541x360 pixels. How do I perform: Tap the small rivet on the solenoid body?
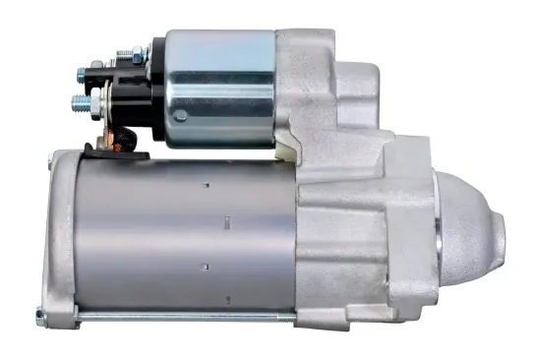pyautogui.click(x=180, y=116)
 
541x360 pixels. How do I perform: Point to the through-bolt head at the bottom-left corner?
pyautogui.click(x=40, y=317)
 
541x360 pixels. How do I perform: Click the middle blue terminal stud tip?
pyautogui.click(x=82, y=72)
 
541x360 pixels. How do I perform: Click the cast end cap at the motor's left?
pyautogui.click(x=61, y=236)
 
